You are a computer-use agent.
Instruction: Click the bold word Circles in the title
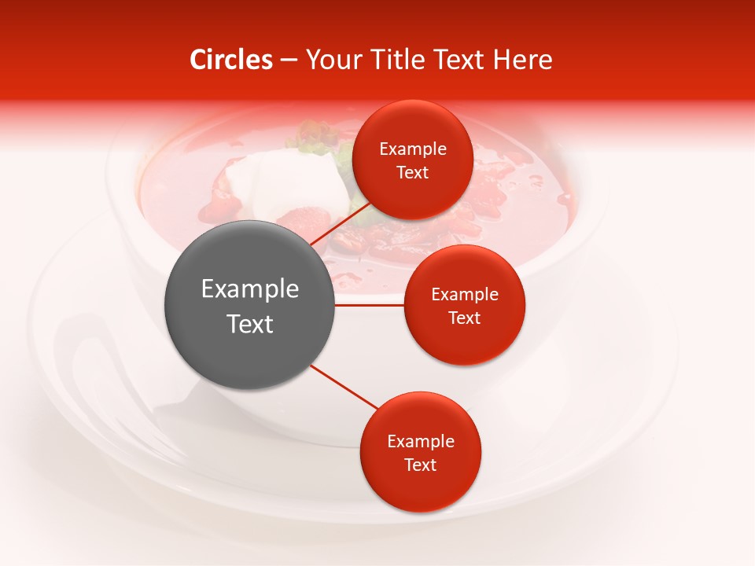click(231, 60)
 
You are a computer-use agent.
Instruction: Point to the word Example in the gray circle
click(250, 289)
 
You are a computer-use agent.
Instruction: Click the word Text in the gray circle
click(250, 324)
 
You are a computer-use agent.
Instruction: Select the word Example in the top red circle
click(413, 149)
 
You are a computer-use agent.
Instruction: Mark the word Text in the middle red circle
click(465, 318)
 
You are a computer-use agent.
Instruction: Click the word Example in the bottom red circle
click(421, 442)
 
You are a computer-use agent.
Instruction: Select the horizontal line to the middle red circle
click(370, 305)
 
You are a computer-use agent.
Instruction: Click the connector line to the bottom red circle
click(343, 387)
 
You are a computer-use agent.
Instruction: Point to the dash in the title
click(289, 60)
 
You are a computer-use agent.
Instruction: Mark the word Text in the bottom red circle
click(421, 465)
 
